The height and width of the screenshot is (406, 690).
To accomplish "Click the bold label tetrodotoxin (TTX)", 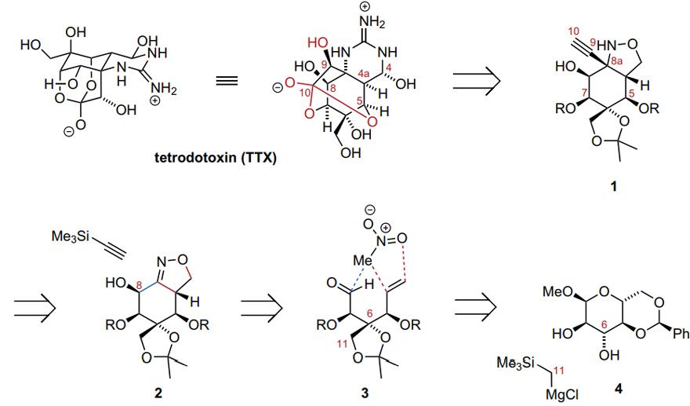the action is [x=216, y=158].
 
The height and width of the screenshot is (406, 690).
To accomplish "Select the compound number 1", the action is [x=613, y=186].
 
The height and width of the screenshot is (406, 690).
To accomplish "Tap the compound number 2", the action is [x=158, y=392].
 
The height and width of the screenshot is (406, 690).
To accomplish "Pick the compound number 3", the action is [x=365, y=392].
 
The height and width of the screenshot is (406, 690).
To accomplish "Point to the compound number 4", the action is [x=619, y=389].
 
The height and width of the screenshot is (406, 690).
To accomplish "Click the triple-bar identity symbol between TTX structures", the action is [x=227, y=81].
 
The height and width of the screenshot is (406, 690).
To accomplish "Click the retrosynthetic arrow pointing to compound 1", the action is [x=477, y=81].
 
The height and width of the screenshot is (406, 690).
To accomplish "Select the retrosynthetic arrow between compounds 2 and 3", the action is [x=261, y=306].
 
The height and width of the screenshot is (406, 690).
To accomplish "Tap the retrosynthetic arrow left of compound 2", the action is [x=35, y=306].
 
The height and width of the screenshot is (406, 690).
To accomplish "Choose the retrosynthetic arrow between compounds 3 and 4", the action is [x=475, y=306].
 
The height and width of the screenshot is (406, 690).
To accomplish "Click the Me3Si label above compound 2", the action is [x=71, y=236].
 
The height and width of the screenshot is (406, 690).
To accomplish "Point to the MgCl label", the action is [x=562, y=393].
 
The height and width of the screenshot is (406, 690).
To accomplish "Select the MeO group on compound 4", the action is [x=556, y=291].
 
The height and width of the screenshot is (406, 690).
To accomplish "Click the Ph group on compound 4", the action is [x=681, y=334].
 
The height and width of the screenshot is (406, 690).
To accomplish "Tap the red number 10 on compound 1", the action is [x=574, y=31].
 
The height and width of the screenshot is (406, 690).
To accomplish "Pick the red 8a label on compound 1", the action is [x=617, y=62].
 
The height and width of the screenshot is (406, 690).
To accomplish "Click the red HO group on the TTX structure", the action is [x=318, y=42].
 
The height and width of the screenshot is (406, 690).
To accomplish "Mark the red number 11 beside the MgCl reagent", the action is [x=558, y=371].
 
